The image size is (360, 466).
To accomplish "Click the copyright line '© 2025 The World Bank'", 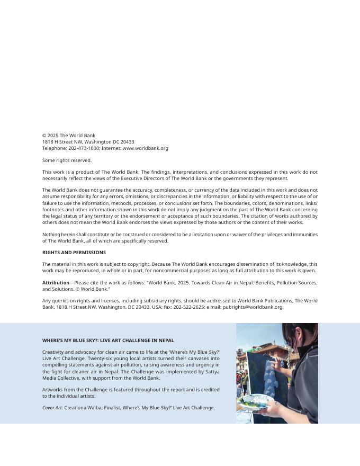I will [x=69, y=136].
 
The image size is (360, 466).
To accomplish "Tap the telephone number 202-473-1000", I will [x=84, y=148].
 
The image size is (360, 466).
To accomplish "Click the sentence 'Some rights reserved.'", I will [x=67, y=160].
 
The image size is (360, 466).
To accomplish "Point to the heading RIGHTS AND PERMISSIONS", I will [x=74, y=253].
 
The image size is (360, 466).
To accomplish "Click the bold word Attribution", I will [x=56, y=283].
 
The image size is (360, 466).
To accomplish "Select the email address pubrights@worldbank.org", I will [x=253, y=307].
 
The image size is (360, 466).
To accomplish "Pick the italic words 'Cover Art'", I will [x=52, y=408].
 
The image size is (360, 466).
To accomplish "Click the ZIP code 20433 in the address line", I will [x=127, y=142].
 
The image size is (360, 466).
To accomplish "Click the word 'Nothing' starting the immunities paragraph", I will [x=51, y=235].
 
